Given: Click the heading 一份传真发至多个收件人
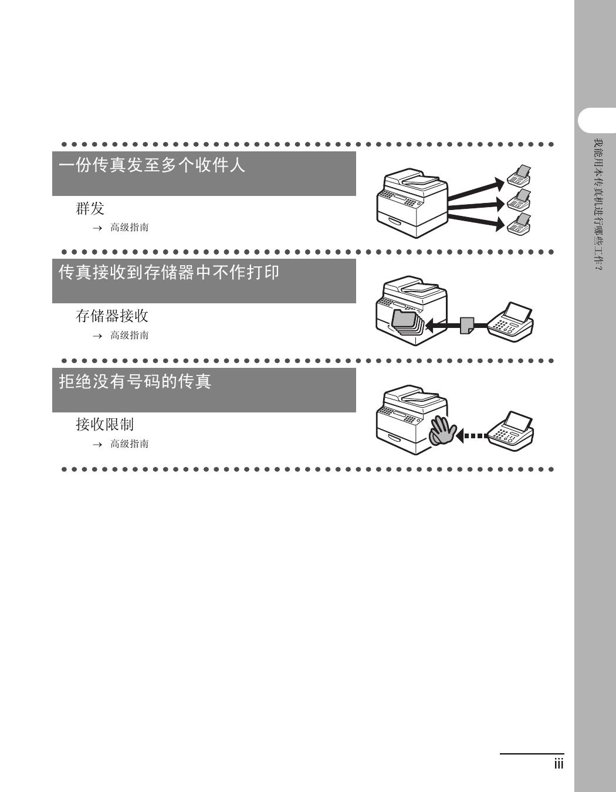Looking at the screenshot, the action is (151, 165).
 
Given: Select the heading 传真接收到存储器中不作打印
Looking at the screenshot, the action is (169, 272).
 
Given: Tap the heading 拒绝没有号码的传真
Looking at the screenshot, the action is (135, 381).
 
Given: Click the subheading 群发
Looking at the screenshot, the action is (90, 208).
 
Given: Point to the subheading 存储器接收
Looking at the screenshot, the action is (112, 316).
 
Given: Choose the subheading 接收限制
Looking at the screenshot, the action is (104, 424).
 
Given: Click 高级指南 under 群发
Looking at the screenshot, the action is (130, 228).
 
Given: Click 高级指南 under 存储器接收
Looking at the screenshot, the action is (130, 335).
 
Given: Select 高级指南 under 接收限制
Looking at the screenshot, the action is (130, 444).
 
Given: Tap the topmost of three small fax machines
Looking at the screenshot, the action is (519, 175).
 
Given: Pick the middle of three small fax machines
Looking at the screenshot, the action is (519, 199).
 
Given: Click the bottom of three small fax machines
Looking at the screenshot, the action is (519, 224).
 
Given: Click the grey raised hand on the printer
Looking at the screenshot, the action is (441, 431).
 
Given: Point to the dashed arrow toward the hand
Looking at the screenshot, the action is (472, 435).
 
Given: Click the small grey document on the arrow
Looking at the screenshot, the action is (467, 326).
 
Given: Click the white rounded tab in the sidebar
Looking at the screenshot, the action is (597, 120).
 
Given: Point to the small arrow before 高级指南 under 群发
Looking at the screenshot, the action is (97, 228).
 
